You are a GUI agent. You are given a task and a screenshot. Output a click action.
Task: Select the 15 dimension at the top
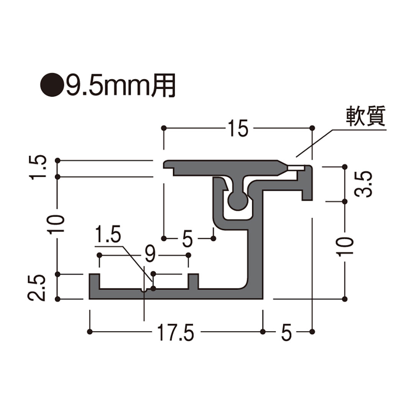pos(238,128)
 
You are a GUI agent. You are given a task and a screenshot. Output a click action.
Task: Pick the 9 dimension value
pos(151,253)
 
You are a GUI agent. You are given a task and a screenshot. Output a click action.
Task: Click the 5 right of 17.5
pos(286,333)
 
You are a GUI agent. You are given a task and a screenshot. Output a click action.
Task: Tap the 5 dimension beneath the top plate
pos(188,239)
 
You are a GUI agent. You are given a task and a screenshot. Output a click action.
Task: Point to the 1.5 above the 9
pos(108,235)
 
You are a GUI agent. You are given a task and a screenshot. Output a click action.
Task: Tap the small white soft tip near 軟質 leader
pos(296,168)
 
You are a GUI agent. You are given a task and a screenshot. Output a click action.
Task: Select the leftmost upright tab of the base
pos(94,283)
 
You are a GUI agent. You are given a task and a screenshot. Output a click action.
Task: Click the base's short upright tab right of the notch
pos(194,281)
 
